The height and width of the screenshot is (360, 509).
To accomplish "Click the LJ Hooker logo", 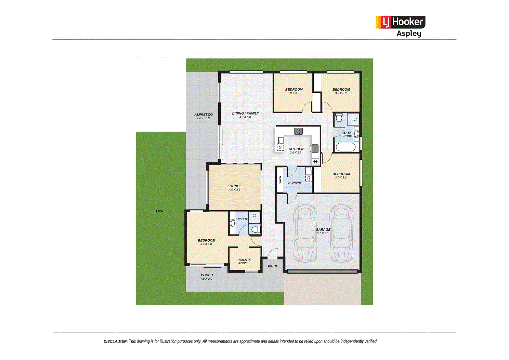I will [x=400, y=22].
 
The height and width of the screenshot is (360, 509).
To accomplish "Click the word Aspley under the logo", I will [x=409, y=34].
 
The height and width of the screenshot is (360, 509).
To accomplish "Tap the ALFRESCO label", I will [x=204, y=115].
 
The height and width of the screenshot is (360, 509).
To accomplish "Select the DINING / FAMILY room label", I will [x=246, y=113].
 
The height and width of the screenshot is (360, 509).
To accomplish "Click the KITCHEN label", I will [x=296, y=149].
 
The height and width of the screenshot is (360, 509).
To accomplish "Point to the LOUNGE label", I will [x=235, y=186].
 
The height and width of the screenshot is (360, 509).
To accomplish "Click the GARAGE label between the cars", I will [x=323, y=229].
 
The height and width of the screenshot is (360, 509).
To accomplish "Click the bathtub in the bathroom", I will [x=346, y=148].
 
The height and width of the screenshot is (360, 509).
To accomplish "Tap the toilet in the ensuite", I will [x=255, y=229].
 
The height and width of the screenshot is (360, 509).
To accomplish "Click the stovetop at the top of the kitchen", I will [x=298, y=131].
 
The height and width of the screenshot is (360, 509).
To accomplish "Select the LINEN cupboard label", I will [x=280, y=180].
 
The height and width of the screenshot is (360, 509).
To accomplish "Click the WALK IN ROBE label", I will [x=244, y=262].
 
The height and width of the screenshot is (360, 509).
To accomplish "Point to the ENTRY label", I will [x=273, y=266].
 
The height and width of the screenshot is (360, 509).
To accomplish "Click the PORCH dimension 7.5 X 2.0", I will [x=206, y=279].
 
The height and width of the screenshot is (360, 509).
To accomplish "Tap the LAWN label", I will [x=158, y=211].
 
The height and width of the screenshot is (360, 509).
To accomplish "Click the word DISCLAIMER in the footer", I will [x=116, y=341].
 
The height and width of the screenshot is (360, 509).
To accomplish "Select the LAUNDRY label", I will [x=295, y=183].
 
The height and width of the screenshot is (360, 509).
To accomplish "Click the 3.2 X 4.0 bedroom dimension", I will [x=206, y=244].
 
